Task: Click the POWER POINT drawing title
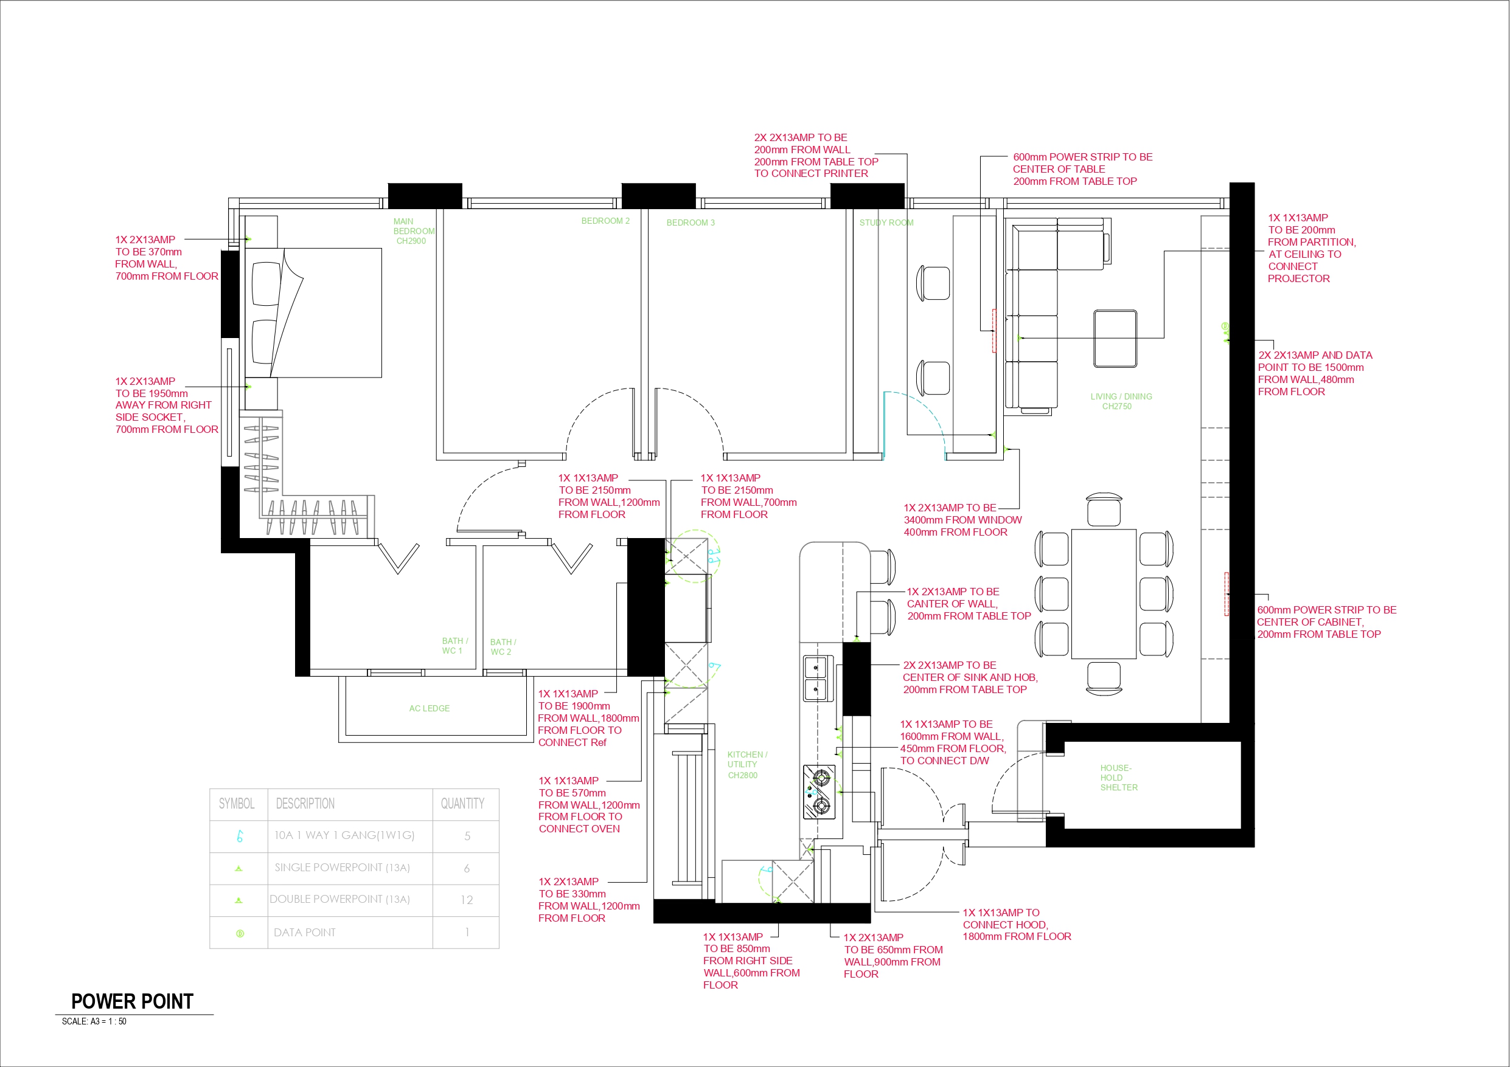click(131, 1001)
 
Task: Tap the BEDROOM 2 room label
click(605, 221)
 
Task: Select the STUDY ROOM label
click(886, 223)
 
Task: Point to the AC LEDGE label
click(429, 708)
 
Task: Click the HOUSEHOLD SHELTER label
click(1118, 777)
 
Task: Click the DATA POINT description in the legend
click(305, 932)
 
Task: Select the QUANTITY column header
click(462, 803)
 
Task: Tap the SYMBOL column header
click(237, 803)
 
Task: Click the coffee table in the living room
click(1115, 339)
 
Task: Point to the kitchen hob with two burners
click(819, 792)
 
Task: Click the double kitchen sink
click(815, 678)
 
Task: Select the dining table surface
click(1104, 593)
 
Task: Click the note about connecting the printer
click(815, 156)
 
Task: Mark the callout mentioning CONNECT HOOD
click(1016, 924)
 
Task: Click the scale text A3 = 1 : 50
click(94, 1021)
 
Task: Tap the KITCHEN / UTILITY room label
click(746, 765)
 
